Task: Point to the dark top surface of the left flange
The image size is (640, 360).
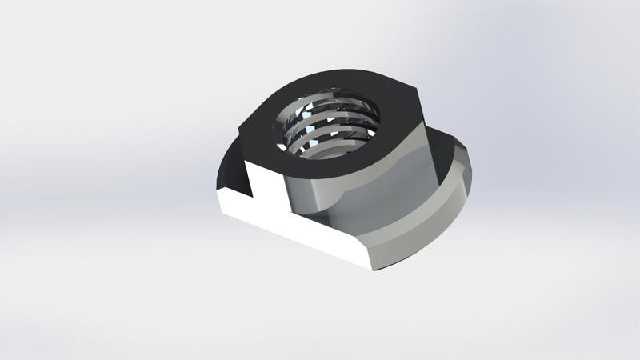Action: click(x=232, y=168)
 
